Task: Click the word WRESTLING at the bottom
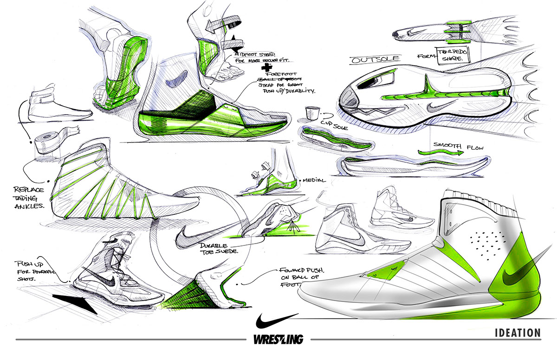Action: point(278,339)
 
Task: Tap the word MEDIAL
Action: point(315,180)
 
